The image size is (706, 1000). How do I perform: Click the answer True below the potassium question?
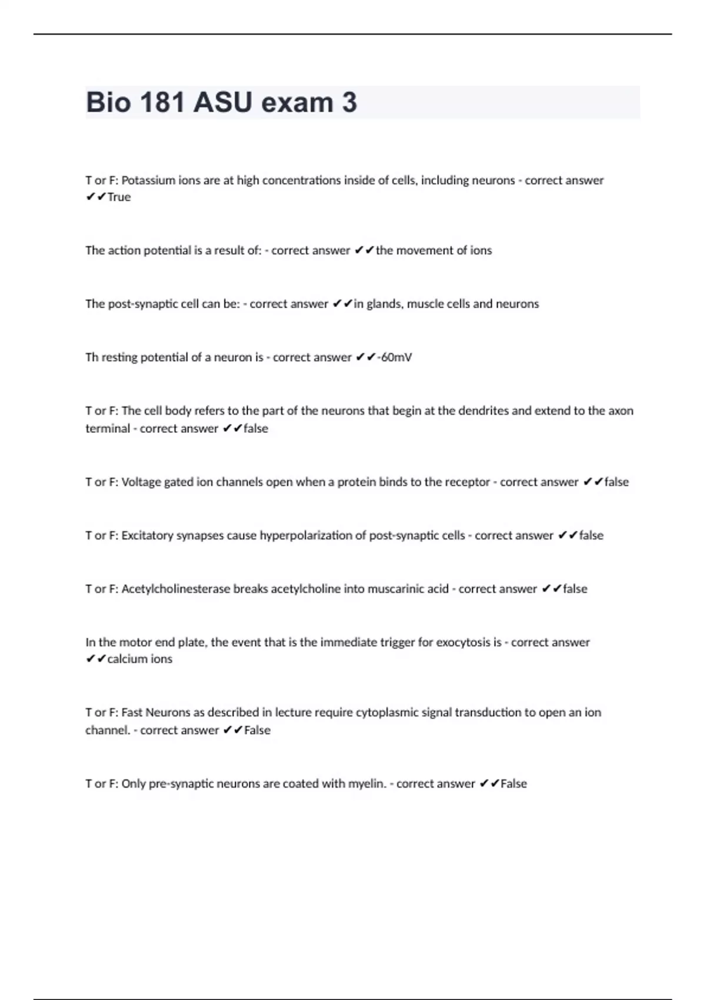click(119, 197)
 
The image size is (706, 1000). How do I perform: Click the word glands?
click(384, 304)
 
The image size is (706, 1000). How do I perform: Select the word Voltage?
click(141, 482)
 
